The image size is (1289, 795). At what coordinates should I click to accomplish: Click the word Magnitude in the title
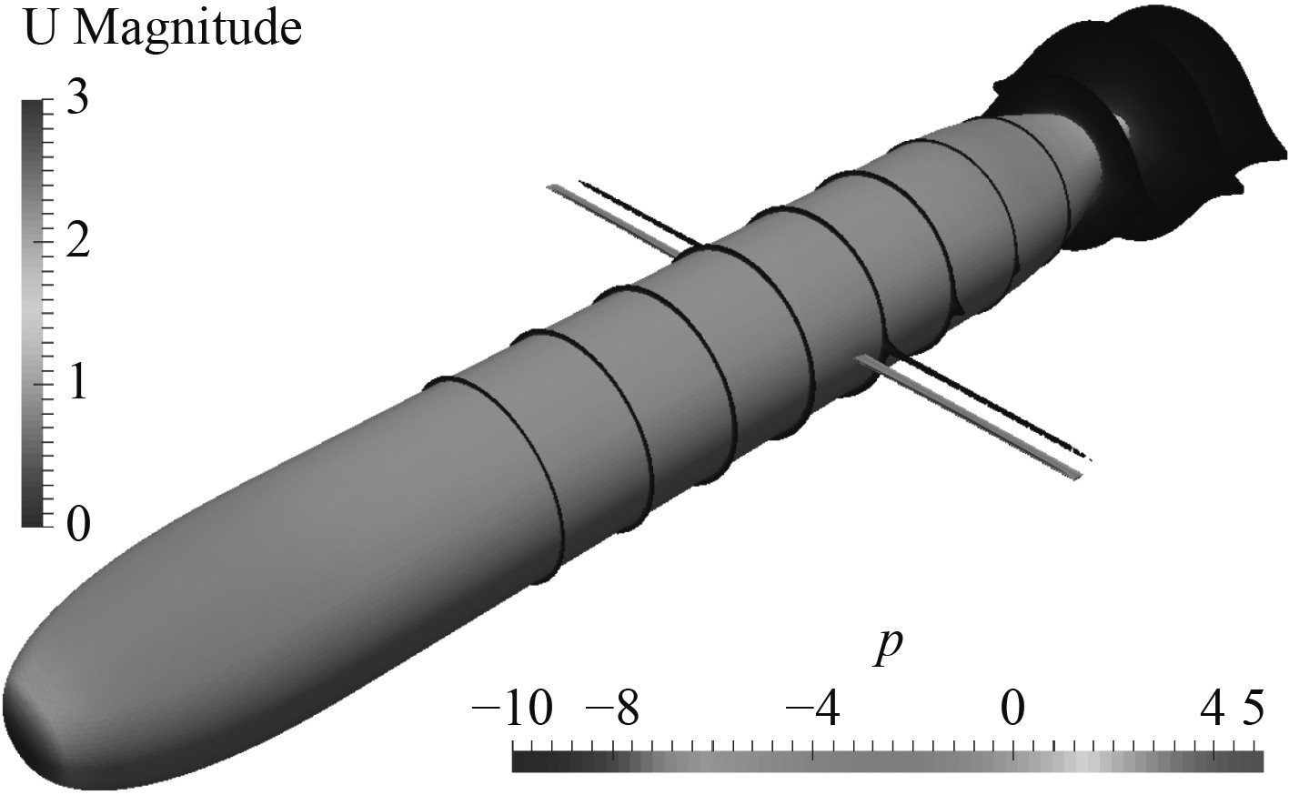[188, 29]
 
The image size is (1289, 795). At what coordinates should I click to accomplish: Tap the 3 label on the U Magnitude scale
[77, 98]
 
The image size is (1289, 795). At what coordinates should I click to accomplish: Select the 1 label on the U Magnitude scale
[77, 384]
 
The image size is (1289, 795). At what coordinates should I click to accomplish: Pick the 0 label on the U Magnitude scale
[78, 525]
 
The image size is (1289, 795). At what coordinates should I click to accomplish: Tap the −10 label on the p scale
[511, 709]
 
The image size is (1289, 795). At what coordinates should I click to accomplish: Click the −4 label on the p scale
[813, 709]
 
